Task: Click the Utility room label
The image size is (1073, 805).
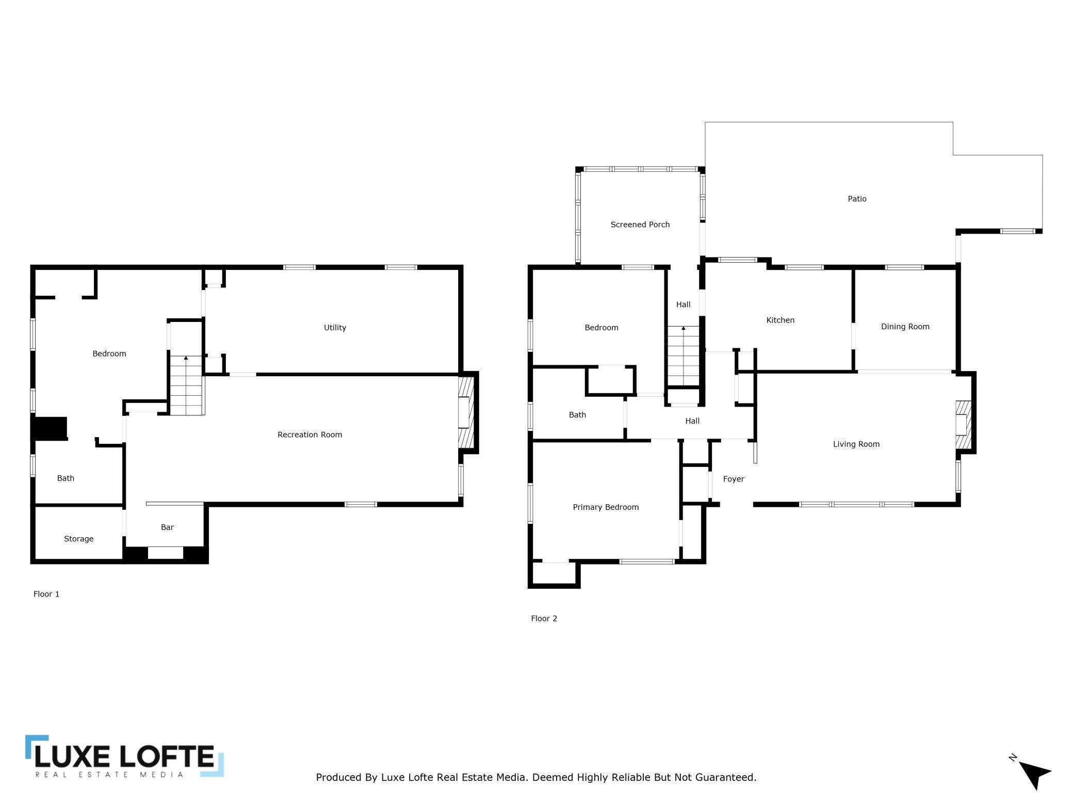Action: tap(335, 328)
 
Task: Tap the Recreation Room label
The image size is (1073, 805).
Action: tap(310, 434)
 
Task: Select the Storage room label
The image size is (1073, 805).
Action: tap(78, 539)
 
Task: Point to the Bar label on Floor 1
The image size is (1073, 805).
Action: tap(167, 527)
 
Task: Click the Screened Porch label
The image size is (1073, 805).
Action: tap(640, 224)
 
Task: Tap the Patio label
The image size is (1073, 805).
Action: tap(857, 199)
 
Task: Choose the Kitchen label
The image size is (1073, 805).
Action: tap(780, 320)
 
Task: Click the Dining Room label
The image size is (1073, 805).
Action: tap(905, 327)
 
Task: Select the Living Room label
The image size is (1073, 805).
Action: tap(856, 444)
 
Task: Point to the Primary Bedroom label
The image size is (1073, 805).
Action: tap(606, 507)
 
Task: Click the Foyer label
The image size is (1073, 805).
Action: tap(733, 479)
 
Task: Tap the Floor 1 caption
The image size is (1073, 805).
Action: tap(46, 594)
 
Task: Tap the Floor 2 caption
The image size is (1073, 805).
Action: tap(544, 618)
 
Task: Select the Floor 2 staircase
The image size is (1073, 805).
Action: tap(683, 356)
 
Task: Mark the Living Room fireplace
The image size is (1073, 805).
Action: tap(963, 425)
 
